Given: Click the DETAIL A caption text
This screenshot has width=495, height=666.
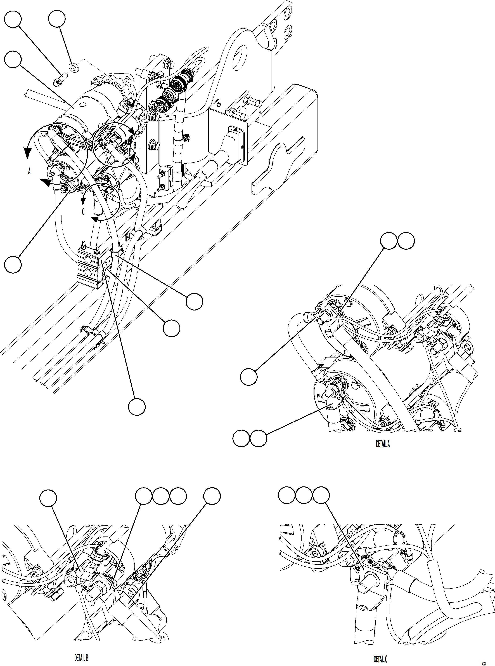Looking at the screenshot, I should (x=383, y=444).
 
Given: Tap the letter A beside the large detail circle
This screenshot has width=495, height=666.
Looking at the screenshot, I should (x=29, y=171).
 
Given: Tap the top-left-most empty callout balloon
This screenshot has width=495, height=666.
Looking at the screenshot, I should (x=13, y=19).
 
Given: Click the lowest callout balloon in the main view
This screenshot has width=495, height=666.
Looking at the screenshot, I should (x=137, y=407).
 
